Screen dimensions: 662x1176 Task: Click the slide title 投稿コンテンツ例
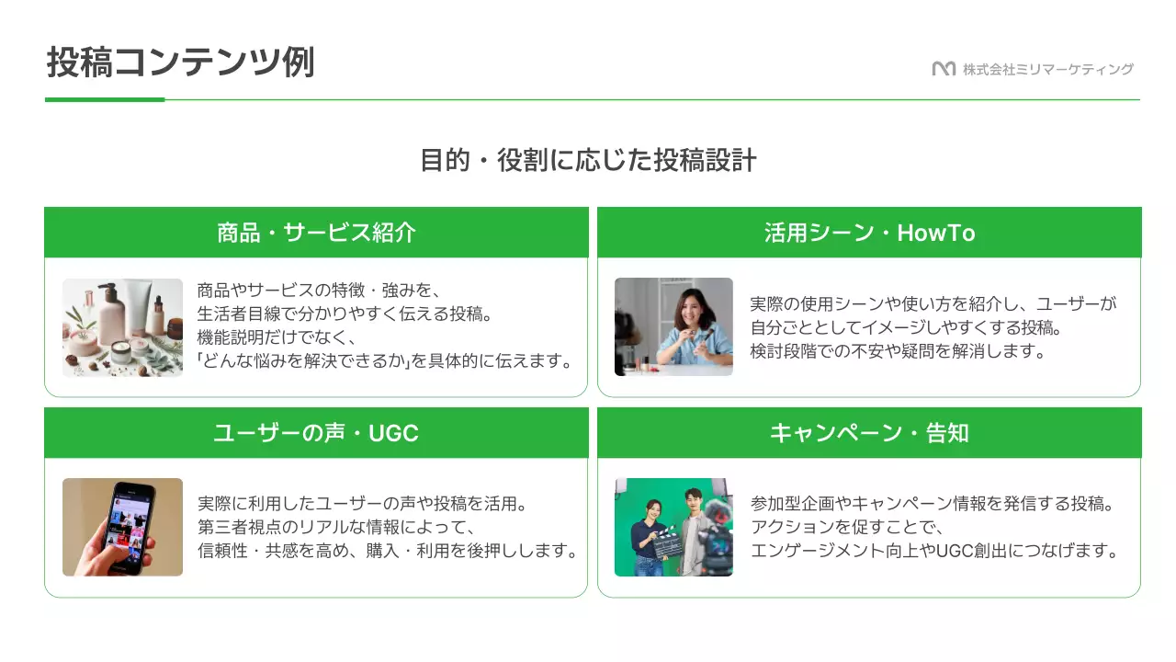[180, 63]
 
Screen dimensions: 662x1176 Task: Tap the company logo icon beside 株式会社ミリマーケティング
[944, 69]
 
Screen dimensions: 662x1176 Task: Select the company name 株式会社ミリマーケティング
[1048, 69]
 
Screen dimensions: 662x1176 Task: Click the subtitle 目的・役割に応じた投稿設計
[588, 160]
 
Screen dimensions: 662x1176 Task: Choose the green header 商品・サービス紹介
[316, 233]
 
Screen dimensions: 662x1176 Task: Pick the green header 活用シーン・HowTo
[869, 233]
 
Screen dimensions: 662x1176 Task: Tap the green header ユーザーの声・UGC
[316, 433]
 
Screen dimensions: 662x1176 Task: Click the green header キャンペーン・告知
[869, 433]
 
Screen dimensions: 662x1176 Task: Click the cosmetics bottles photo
[122, 326]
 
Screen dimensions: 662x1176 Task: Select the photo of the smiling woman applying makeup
[673, 326]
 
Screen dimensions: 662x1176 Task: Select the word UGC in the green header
[393, 433]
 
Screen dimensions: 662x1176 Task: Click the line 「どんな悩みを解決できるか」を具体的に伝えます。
[385, 360]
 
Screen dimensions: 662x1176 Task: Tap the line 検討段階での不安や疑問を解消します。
[899, 351]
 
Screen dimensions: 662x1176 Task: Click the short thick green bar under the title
[105, 99]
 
